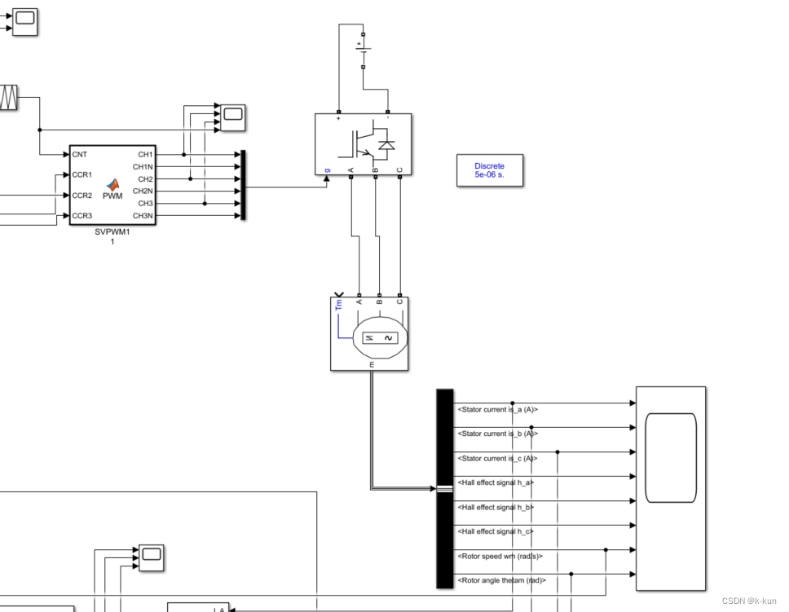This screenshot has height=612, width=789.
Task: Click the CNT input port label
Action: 80,154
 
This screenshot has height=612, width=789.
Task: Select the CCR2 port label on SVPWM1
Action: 82,196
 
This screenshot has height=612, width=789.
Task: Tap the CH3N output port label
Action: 143,216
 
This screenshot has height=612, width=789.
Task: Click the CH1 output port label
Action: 145,154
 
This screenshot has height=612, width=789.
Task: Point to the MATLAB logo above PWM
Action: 112,184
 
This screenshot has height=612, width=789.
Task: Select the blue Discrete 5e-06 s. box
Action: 489,170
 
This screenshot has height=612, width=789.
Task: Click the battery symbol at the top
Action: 364,51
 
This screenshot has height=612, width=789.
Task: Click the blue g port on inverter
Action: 328,170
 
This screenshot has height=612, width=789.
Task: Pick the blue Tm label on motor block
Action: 339,305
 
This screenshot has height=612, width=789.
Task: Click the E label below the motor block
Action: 372,365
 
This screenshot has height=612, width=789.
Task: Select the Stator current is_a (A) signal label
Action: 497,410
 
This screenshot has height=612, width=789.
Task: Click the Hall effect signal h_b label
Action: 496,508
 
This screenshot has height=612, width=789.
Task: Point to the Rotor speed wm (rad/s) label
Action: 500,557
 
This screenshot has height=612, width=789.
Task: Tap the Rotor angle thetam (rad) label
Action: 501,580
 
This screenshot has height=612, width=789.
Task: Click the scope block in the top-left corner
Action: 24,22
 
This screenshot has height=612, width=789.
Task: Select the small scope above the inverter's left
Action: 233,117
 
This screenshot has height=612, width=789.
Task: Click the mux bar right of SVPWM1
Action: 242,185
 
